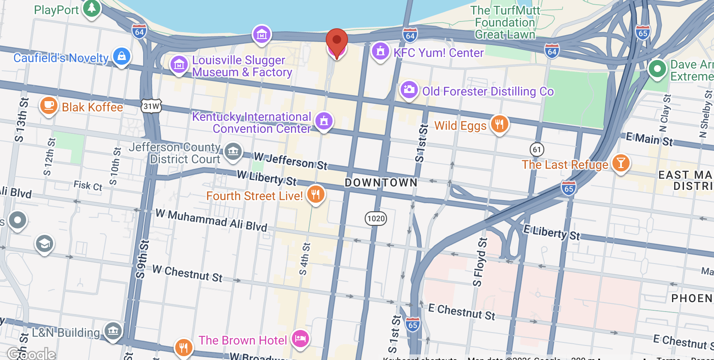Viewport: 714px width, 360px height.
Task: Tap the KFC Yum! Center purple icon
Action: click(380, 51)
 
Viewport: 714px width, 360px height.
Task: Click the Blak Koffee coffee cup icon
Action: click(49, 105)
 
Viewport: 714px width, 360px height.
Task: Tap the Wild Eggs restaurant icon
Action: click(499, 124)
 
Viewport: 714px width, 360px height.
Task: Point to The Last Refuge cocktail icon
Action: click(621, 163)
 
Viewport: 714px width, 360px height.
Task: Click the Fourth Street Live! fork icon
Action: click(315, 194)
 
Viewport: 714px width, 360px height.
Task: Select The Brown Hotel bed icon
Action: click(300, 339)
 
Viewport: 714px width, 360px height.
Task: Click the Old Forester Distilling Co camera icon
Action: click(409, 90)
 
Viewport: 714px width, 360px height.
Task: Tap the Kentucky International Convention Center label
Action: click(252, 123)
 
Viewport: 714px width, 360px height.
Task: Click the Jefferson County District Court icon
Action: click(233, 151)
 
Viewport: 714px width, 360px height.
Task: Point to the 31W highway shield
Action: click(151, 106)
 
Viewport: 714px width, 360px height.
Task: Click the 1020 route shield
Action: click(376, 219)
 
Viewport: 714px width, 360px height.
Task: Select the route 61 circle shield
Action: click(537, 149)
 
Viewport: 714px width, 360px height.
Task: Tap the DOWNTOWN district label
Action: click(381, 183)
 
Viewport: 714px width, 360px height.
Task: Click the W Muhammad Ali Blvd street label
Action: click(211, 220)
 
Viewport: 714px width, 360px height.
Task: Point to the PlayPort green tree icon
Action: click(91, 8)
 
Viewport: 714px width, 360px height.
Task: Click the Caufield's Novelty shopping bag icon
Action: click(122, 56)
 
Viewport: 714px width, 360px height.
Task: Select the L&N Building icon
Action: click(113, 330)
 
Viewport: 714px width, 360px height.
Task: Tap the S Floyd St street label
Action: click(480, 262)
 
